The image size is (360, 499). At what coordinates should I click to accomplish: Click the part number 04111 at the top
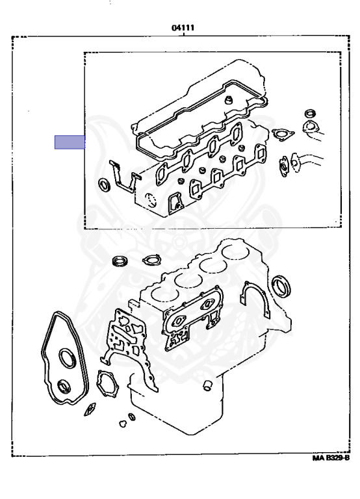pyautogui.click(x=183, y=28)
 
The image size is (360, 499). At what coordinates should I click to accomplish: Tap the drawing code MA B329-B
pyautogui.click(x=331, y=458)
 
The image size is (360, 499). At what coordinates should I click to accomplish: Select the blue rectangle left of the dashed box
pyautogui.click(x=70, y=142)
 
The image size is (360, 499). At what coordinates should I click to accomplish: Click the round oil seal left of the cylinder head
pyautogui.click(x=104, y=185)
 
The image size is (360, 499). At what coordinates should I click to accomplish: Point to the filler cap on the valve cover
pyautogui.click(x=228, y=100)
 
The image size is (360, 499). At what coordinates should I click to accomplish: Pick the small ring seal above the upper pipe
pyautogui.click(x=310, y=113)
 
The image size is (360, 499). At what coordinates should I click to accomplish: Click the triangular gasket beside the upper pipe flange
pyautogui.click(x=282, y=134)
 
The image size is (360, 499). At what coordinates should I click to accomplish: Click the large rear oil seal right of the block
pyautogui.click(x=281, y=287)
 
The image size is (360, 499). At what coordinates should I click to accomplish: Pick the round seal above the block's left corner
pyautogui.click(x=120, y=261)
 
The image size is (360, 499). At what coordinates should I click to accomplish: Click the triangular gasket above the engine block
pyautogui.click(x=152, y=260)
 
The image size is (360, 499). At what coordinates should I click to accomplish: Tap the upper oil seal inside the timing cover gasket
pyautogui.click(x=68, y=359)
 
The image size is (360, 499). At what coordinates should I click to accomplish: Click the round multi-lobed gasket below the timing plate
pyautogui.click(x=107, y=383)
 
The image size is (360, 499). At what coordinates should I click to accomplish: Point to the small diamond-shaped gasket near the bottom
pyautogui.click(x=90, y=409)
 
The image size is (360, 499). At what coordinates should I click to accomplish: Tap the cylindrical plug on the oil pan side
pyautogui.click(x=207, y=385)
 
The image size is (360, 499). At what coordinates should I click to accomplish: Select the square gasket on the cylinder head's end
pyautogui.click(x=175, y=203)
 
